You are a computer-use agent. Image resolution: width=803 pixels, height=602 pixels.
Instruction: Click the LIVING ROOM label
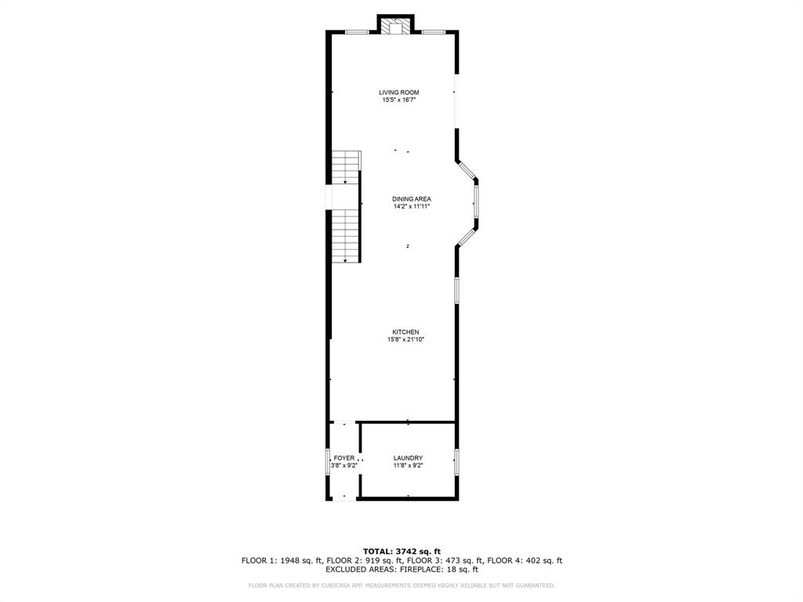pos(400,92)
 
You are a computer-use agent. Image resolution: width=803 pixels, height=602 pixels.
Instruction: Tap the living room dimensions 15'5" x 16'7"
pos(400,100)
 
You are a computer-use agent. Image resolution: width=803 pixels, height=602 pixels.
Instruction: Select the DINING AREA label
pos(412,199)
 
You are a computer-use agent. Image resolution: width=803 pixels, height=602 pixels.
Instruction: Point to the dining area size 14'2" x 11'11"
pos(412,207)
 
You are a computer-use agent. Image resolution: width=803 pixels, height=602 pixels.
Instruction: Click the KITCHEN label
pos(405,332)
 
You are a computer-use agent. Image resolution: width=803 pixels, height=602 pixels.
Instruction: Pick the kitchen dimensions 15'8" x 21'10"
pos(405,340)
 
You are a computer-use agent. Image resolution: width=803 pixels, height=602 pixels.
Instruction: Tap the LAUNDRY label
pos(408,459)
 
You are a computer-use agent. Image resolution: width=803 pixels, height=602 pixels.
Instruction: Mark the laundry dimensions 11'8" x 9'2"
pos(408,466)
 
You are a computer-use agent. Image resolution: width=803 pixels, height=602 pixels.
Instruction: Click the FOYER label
pos(344,459)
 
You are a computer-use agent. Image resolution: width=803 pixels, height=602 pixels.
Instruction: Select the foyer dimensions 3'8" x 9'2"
pos(344,466)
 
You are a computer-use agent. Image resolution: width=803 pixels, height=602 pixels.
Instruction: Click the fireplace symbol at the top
pos(395,27)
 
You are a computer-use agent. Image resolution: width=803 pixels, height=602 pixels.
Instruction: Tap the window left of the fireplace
pos(358,32)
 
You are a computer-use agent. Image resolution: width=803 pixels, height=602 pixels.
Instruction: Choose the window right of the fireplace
pos(434,32)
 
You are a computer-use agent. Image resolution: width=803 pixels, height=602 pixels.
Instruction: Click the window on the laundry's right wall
pos(456,461)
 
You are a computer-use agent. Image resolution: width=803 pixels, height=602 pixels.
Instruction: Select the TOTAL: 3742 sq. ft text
pos(401,551)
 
